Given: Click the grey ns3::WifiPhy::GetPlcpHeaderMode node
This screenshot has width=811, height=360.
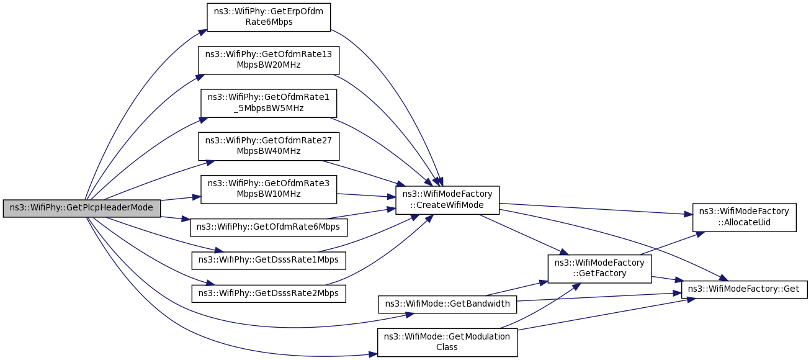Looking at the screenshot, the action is pyautogui.click(x=82, y=209).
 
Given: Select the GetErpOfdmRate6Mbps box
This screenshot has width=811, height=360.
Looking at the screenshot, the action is pyautogui.click(x=269, y=17).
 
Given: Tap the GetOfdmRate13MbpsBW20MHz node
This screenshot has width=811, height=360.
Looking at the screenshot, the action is pyautogui.click(x=269, y=60).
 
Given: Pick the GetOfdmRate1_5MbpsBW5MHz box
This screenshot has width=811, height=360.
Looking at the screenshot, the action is pyautogui.click(x=269, y=103).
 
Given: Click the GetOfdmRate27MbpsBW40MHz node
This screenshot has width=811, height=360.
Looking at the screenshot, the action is pyautogui.click(x=269, y=146).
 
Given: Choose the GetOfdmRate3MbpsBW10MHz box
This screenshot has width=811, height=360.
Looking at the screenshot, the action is pyautogui.click(x=269, y=189).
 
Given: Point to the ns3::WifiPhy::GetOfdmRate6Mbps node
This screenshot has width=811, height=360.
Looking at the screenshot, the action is pyautogui.click(x=269, y=227).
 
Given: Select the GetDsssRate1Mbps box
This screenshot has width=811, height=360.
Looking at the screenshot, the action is pyautogui.click(x=269, y=261).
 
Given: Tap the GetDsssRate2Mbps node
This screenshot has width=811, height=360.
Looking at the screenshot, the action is pyautogui.click(x=269, y=294).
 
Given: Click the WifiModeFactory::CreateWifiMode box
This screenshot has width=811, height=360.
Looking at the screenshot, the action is pyautogui.click(x=447, y=200).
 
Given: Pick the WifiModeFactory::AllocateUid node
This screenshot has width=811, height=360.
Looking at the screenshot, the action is pyautogui.click(x=745, y=217).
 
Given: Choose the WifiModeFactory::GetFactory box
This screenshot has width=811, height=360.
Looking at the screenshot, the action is pyautogui.click(x=599, y=269).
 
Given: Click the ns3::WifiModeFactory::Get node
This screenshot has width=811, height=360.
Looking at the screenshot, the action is pyautogui.click(x=745, y=289).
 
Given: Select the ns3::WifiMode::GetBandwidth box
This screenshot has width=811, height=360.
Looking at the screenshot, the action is pyautogui.click(x=447, y=304).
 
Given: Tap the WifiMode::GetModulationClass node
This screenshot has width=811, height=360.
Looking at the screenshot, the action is pyautogui.click(x=447, y=342).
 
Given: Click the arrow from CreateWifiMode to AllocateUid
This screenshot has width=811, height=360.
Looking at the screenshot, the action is pyautogui.click(x=596, y=209).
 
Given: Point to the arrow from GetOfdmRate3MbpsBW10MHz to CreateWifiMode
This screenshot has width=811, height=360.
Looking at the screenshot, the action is pyautogui.click(x=366, y=196).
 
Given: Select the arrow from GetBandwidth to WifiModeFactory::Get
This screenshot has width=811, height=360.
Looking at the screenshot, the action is pyautogui.click(x=599, y=297).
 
